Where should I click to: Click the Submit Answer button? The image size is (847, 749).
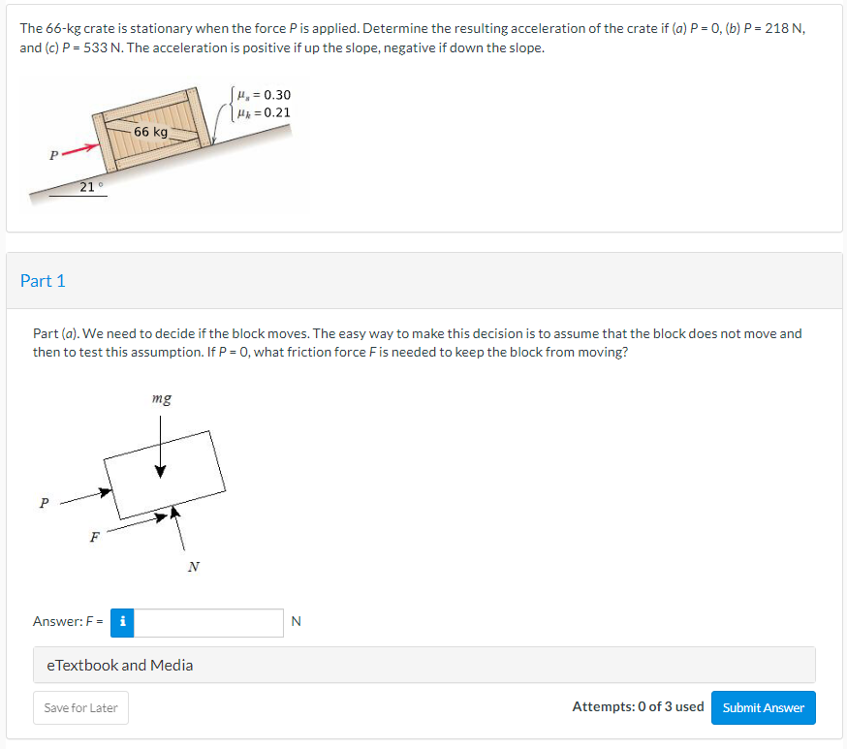pyautogui.click(x=764, y=707)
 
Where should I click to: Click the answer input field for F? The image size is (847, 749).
pyautogui.click(x=208, y=623)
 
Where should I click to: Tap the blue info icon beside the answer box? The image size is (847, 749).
pyautogui.click(x=122, y=623)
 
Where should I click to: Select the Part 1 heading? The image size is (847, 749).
pyautogui.click(x=43, y=281)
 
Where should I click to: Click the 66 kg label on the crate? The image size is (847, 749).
pyautogui.click(x=151, y=132)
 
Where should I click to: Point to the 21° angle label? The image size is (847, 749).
pyautogui.click(x=91, y=187)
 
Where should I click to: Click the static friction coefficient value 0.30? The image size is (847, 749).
pyautogui.click(x=277, y=95)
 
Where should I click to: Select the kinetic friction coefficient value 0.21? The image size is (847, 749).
pyautogui.click(x=277, y=112)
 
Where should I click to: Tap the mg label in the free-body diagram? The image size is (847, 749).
pyautogui.click(x=162, y=398)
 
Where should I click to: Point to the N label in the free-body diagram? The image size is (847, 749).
pyautogui.click(x=194, y=567)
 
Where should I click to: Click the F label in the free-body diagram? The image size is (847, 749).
pyautogui.click(x=95, y=537)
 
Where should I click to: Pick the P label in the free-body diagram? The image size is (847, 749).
pyautogui.click(x=45, y=503)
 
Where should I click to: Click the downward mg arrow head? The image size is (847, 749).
pyautogui.click(x=161, y=471)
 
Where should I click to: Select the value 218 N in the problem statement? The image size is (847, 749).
pyautogui.click(x=784, y=28)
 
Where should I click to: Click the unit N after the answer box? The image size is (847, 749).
pyautogui.click(x=296, y=621)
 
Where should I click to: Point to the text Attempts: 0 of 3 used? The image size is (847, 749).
pyautogui.click(x=638, y=707)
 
